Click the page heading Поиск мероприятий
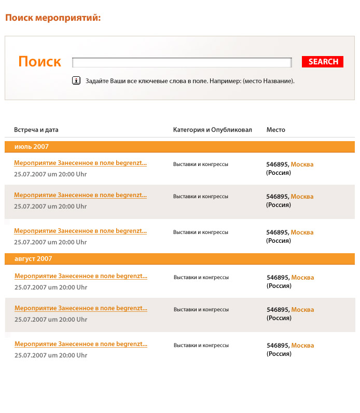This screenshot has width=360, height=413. click(52, 18)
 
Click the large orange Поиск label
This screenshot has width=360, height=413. click(39, 62)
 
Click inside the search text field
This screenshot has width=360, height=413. click(182, 62)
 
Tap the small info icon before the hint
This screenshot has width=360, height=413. click(76, 80)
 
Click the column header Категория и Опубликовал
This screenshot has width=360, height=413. click(212, 130)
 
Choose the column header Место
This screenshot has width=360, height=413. click(275, 130)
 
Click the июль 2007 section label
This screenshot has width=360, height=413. click(32, 147)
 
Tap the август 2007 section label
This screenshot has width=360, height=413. click(33, 259)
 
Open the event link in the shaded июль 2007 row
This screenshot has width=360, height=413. click(80, 196)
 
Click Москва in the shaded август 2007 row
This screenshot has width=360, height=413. click(302, 310)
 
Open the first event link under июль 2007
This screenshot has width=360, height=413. click(80, 163)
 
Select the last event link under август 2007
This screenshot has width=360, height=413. click(81, 344)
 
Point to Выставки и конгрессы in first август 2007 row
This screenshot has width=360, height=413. click(201, 278)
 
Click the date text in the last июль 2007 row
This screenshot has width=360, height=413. click(50, 242)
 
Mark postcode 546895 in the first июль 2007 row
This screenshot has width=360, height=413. click(277, 164)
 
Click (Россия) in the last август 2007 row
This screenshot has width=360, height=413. click(279, 354)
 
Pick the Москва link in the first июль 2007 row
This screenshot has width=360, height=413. click(302, 164)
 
